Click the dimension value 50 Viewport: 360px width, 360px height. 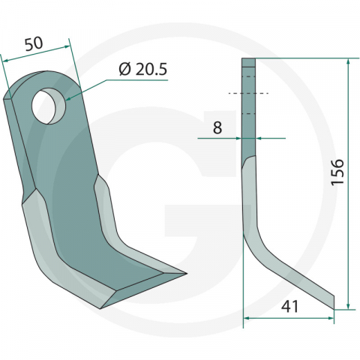tap(32, 43)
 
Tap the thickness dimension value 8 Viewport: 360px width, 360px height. tap(217, 127)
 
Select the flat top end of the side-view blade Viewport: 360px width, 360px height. tap(249, 60)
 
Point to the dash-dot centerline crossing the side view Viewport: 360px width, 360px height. tap(247, 93)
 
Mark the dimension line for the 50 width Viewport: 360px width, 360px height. tap(37, 54)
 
